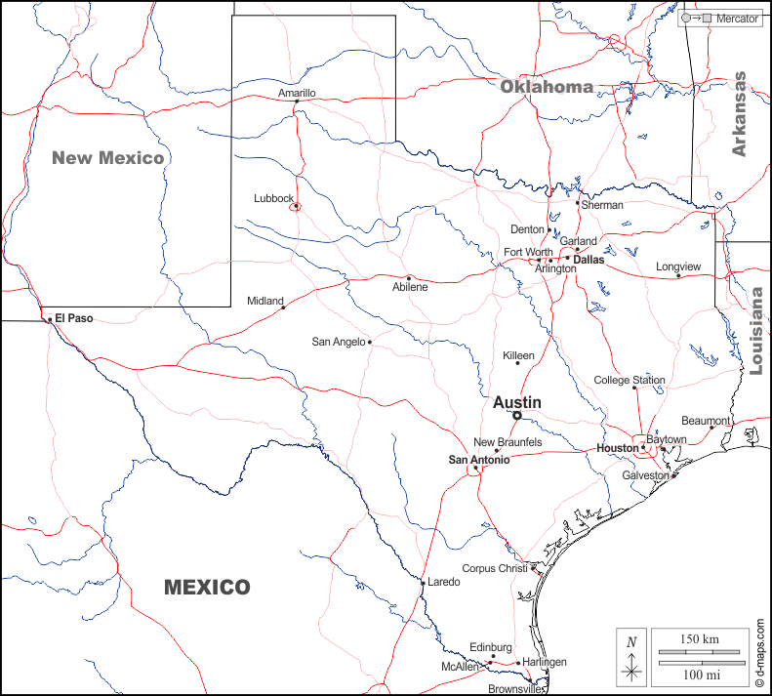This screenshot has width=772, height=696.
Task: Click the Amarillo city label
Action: point(297,93)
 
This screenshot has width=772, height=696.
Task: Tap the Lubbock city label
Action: point(273,198)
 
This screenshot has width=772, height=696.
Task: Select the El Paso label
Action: point(73,317)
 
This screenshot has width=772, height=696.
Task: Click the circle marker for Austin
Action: point(517,415)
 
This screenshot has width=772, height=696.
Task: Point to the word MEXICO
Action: point(207,588)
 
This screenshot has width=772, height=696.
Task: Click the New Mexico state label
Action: point(108,157)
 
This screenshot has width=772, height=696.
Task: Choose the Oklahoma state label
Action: point(547,87)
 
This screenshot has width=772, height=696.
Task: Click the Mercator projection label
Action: point(737,19)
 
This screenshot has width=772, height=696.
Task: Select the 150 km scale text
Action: point(699,638)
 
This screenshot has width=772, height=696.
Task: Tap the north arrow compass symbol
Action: point(632,656)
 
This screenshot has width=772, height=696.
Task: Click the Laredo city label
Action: point(444,582)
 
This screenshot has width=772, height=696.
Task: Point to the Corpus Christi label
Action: point(493,568)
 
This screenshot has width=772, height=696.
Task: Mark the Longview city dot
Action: point(679,275)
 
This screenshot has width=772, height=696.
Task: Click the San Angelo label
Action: point(339,342)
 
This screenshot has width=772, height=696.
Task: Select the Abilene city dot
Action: point(409,277)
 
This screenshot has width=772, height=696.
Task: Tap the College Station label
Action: point(630,380)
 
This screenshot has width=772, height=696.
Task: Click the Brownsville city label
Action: point(515,688)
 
